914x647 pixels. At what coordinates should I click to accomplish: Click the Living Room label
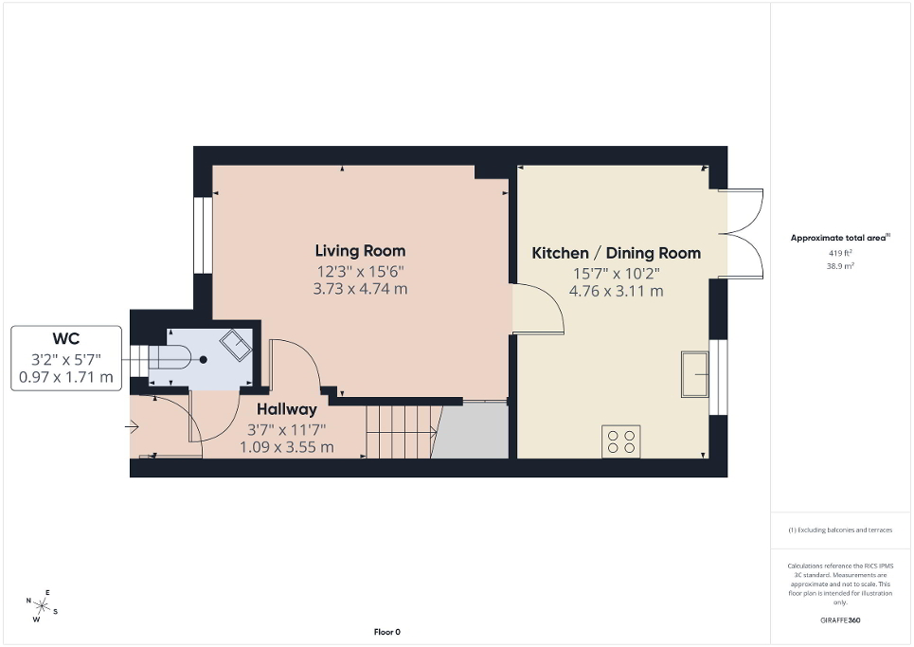tap(360, 251)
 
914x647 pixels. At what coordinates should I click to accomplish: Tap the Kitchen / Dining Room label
tap(616, 253)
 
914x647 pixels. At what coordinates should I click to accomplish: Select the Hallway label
tap(287, 409)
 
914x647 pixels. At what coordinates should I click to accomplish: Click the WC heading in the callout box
tap(65, 338)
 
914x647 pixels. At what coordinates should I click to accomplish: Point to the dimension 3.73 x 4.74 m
tap(360, 289)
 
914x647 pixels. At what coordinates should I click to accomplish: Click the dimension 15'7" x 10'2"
tap(616, 273)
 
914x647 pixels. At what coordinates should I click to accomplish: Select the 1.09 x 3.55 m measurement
tap(286, 447)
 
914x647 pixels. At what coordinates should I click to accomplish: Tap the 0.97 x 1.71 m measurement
tap(65, 377)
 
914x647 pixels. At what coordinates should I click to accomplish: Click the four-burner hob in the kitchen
tap(621, 441)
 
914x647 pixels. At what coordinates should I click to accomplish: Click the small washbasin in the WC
tap(236, 345)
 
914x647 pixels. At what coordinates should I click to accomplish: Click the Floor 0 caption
tap(386, 632)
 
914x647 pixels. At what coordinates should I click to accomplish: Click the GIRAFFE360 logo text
tap(841, 620)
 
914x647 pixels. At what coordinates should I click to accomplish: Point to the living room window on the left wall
tap(202, 235)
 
